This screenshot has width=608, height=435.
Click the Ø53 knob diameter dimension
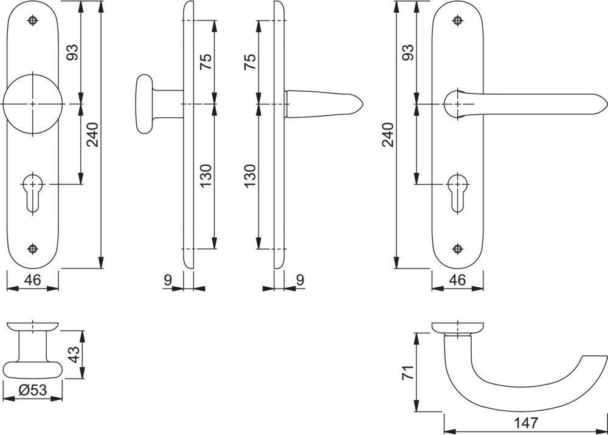coord(33,389)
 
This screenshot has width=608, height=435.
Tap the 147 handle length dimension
coord(526,423)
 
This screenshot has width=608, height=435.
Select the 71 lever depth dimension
coord(409,372)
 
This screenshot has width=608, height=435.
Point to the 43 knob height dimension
coord(74,354)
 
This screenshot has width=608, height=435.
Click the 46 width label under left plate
coord(33,279)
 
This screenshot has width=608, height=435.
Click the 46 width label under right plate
coord(458,279)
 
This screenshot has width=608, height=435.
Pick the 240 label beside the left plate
coord(92,135)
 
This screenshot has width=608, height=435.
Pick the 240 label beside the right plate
coord(388,135)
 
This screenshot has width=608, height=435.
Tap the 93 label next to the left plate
coord(72,52)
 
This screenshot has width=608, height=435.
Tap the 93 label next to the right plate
coord(408,52)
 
